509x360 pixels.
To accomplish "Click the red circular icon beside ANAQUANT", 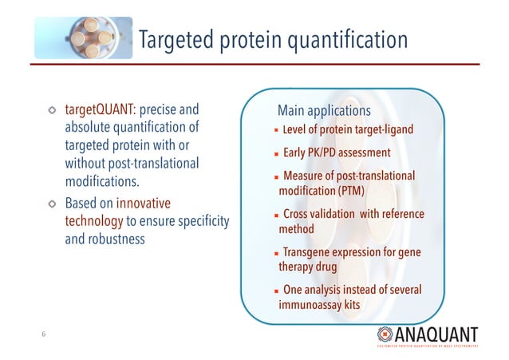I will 385,333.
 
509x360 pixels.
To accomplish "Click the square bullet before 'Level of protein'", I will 275,131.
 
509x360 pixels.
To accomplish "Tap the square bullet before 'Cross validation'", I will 275,215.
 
